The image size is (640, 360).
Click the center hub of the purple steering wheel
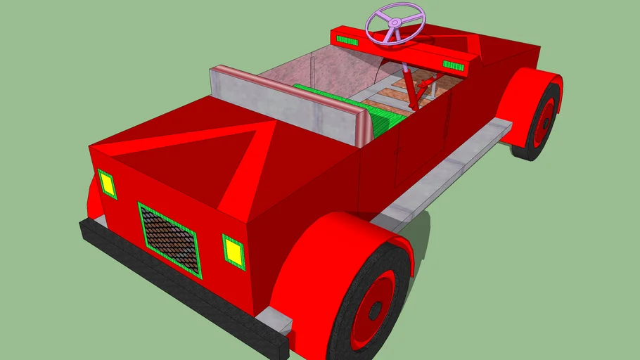[x=395, y=22]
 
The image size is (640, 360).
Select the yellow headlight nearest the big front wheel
[x=233, y=251]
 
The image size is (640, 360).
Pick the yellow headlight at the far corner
[x=107, y=184]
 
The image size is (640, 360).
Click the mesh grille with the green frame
[x=169, y=238]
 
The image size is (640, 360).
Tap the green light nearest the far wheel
[x=454, y=66]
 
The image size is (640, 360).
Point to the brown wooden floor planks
[x=429, y=88]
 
